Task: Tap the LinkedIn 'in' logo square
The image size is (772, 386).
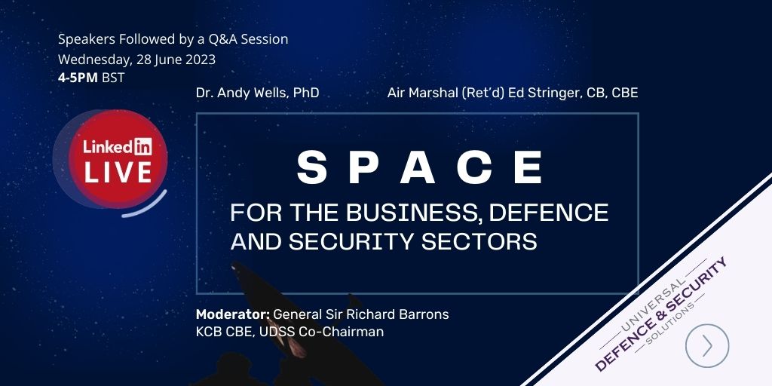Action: click(143, 146)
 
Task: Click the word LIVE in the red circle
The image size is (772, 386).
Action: click(118, 173)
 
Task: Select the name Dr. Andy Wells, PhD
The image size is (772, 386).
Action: click(258, 93)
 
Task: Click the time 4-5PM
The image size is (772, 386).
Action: click(78, 78)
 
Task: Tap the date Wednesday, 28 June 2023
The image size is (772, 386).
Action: click(137, 60)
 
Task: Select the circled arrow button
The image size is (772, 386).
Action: click(707, 345)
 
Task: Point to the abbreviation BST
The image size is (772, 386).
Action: click(113, 78)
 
